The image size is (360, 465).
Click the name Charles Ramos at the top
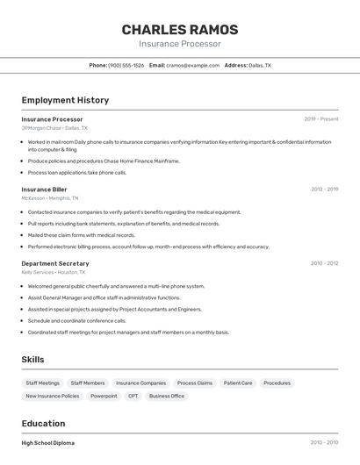point(179,29)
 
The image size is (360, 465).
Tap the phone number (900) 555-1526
point(126,65)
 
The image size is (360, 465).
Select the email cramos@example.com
point(192,65)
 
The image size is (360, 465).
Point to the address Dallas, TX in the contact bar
point(259,65)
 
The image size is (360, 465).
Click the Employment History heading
point(65,100)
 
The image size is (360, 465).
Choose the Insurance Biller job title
point(44,189)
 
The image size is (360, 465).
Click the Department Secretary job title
point(55,263)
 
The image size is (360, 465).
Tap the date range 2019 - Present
point(321,118)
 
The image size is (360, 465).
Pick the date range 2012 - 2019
point(324,189)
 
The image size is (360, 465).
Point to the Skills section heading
point(33,360)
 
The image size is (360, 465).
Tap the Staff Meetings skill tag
point(43,383)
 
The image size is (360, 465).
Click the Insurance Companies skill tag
point(140,383)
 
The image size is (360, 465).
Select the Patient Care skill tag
point(238,383)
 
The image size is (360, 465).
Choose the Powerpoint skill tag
point(104,397)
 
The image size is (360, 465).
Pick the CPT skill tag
point(133,397)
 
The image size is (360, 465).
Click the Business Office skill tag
point(167,397)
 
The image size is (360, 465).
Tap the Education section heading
point(43,424)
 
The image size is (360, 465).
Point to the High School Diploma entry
point(48,443)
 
